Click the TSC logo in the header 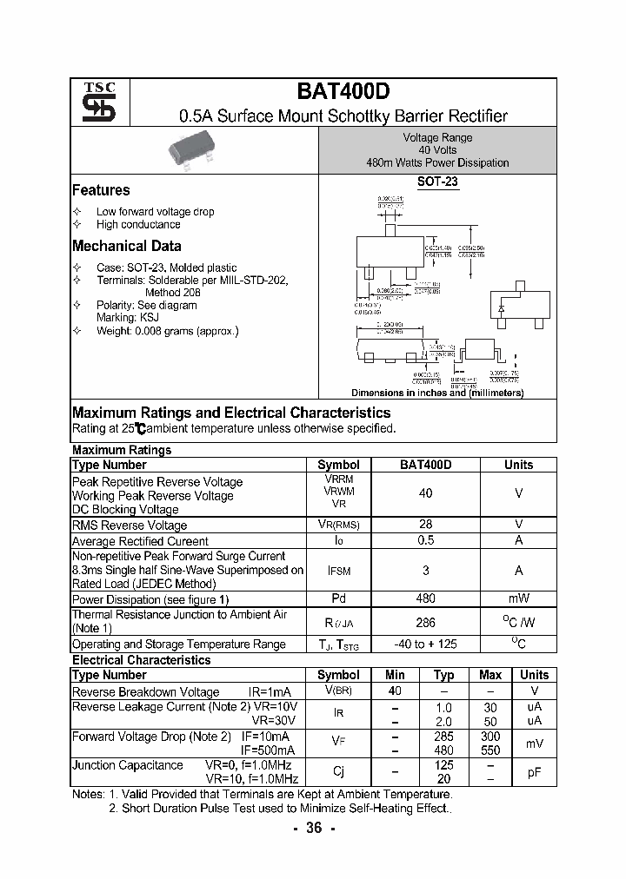[93, 102]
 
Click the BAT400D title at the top [343, 92]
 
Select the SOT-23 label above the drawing [437, 182]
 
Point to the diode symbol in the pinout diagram [501, 308]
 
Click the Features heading [101, 190]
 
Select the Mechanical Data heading [127, 246]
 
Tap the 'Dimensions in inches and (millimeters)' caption [437, 393]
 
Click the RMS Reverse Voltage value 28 [425, 525]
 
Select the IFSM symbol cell [338, 570]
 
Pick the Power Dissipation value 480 [425, 598]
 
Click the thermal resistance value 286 [425, 622]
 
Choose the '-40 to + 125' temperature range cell [425, 644]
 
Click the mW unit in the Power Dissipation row [518, 598]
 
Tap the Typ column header [443, 675]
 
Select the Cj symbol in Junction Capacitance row [338, 772]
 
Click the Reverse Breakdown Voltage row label [145, 692]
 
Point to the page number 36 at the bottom [314, 828]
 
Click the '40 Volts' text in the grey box [437, 150]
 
